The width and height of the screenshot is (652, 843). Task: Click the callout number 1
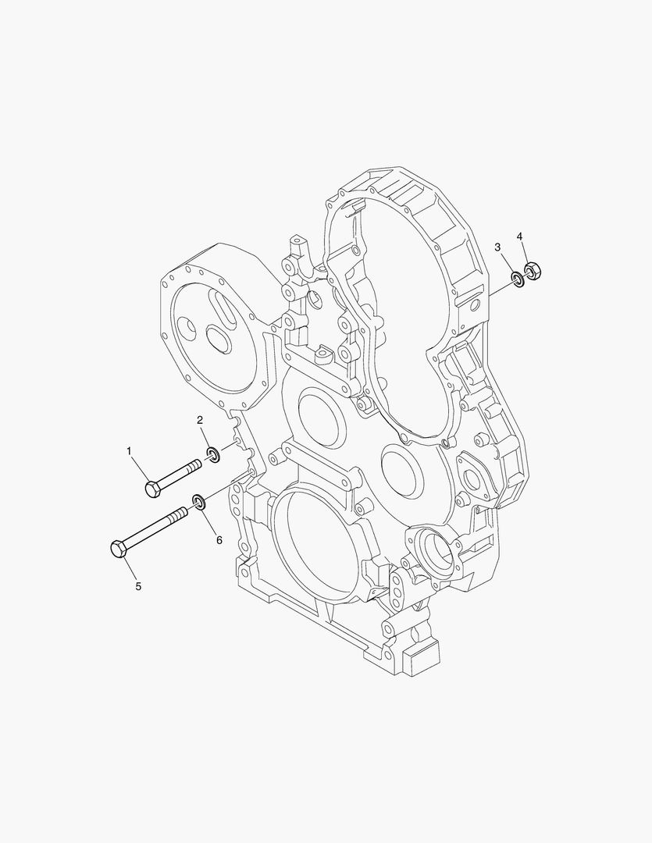(130, 450)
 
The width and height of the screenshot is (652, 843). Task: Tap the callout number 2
(200, 420)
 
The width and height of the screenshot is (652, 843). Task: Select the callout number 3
(497, 247)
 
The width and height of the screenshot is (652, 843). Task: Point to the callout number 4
(520, 235)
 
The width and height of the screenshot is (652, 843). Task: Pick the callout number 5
(138, 585)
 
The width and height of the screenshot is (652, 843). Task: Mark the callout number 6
(219, 539)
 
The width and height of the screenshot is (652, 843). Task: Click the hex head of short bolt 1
(153, 489)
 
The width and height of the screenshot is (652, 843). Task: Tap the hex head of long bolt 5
(119, 550)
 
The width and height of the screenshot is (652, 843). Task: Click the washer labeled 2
(212, 454)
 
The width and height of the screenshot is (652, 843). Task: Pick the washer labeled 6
(199, 500)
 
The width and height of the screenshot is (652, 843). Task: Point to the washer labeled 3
(517, 278)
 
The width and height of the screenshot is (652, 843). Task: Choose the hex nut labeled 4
(534, 271)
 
